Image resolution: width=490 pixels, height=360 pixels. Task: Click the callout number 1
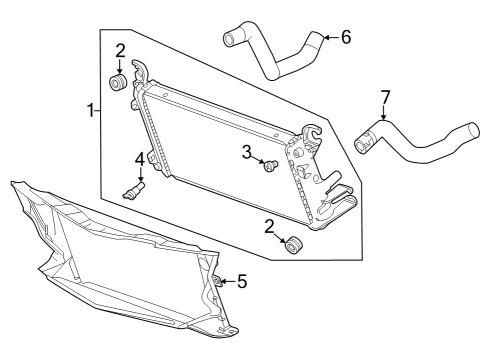(90, 110)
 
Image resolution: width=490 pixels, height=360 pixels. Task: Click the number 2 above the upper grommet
(120, 51)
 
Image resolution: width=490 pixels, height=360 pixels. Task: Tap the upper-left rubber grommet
(118, 82)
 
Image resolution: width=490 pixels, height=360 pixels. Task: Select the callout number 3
(247, 152)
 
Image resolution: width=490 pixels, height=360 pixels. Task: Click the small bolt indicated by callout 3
(271, 166)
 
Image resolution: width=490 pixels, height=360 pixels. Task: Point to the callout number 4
(140, 159)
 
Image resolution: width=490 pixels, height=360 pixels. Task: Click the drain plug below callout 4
(134, 191)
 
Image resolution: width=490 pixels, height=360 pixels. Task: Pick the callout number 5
(242, 281)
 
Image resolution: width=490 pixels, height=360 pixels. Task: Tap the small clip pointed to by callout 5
(218, 281)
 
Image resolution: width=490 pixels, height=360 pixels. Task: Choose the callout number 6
(346, 37)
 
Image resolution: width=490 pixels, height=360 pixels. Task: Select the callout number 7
(385, 98)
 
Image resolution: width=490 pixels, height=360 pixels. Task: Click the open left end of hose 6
(229, 39)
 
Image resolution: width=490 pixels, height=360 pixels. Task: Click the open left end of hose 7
(360, 146)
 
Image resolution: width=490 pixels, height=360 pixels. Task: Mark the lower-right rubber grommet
(294, 245)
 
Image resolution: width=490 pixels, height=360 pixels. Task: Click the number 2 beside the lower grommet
(269, 227)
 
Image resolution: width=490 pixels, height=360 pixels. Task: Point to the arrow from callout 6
(331, 37)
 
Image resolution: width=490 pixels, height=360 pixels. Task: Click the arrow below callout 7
(384, 112)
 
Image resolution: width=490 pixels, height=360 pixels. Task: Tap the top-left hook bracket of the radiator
(140, 72)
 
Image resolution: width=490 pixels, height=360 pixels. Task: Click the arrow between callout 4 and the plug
(141, 175)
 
